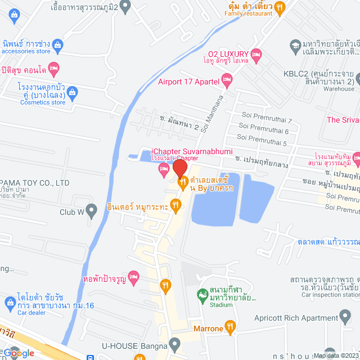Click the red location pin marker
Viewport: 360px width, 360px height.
coord(179,168)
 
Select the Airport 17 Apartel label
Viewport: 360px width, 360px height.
coord(188,82)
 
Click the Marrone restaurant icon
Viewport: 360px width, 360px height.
coord(229,326)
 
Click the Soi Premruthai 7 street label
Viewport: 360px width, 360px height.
coord(267,120)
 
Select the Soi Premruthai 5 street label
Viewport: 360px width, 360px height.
coord(262,143)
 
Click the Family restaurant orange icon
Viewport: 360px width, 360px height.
coord(280,7)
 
